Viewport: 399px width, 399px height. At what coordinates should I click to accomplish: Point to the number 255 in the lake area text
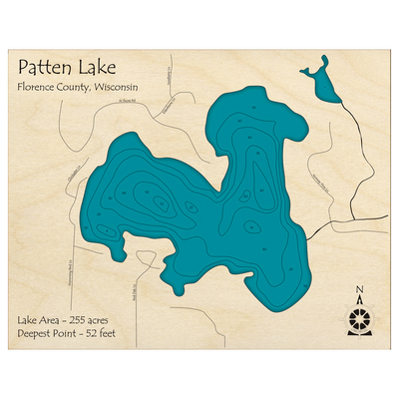point(79,319)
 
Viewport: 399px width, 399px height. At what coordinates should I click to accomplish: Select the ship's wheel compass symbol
point(359,320)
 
